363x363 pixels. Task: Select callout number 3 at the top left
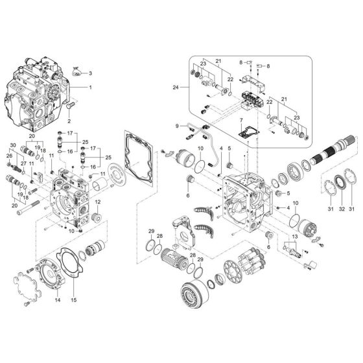91,73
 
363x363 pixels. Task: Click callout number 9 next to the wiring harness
176,124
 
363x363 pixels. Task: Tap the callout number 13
296,238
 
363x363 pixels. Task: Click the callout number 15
73,300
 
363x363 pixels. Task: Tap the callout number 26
9,156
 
